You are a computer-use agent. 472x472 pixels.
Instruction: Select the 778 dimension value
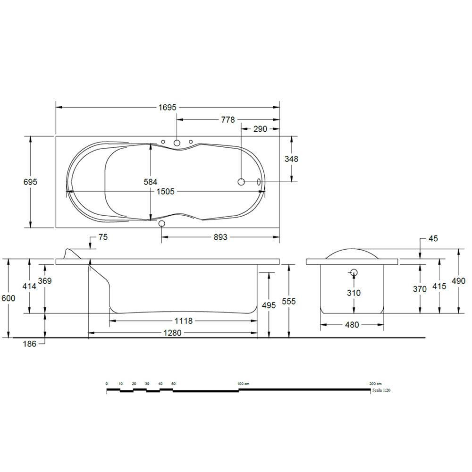click(228, 120)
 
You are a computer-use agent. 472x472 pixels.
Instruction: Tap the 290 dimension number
click(260, 129)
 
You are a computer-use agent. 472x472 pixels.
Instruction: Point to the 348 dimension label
click(291, 159)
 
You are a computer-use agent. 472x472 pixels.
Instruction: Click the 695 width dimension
click(30, 182)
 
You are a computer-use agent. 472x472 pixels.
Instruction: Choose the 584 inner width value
click(150, 182)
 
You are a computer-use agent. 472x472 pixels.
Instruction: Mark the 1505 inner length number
click(166, 191)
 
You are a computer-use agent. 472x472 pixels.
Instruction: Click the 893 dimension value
click(220, 237)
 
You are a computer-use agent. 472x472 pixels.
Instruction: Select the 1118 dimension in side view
click(183, 321)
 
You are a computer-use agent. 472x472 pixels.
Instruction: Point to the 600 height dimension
click(8, 298)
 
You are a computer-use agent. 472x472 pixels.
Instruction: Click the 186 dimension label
click(29, 344)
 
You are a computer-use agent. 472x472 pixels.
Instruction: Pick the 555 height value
click(288, 302)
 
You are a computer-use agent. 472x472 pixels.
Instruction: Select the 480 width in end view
click(352, 325)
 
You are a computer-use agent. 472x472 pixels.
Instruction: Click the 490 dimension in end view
click(458, 281)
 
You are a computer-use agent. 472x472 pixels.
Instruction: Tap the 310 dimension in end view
click(354, 293)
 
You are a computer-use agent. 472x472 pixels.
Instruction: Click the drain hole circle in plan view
click(241, 182)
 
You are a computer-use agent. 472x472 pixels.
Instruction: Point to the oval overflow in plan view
click(259, 182)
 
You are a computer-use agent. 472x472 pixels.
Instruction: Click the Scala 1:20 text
click(381, 391)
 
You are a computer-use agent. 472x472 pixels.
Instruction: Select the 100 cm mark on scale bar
click(243, 383)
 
